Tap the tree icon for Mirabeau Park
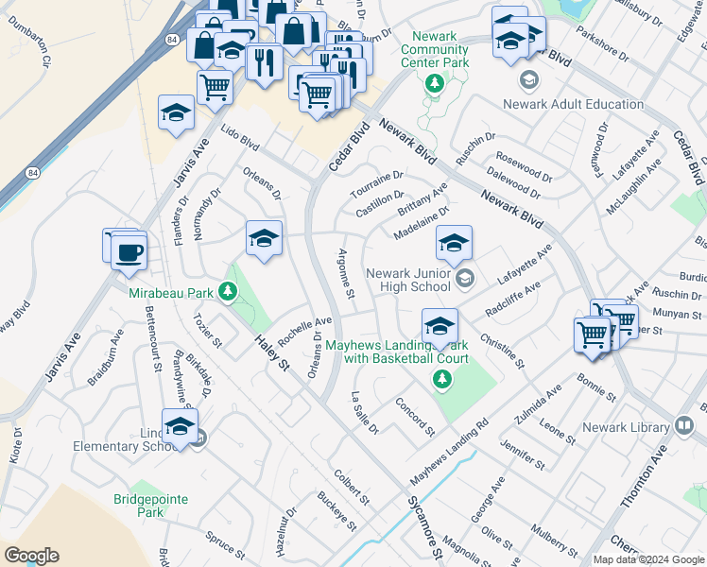click(227, 292)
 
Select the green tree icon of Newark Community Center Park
click(434, 83)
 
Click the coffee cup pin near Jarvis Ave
click(129, 252)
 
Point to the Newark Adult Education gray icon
click(528, 79)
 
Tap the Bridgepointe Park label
click(150, 505)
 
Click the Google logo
click(31, 556)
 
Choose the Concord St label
click(415, 416)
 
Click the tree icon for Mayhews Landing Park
click(440, 379)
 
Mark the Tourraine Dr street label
click(376, 181)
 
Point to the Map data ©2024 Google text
click(647, 559)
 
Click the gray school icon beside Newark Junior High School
click(463, 278)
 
